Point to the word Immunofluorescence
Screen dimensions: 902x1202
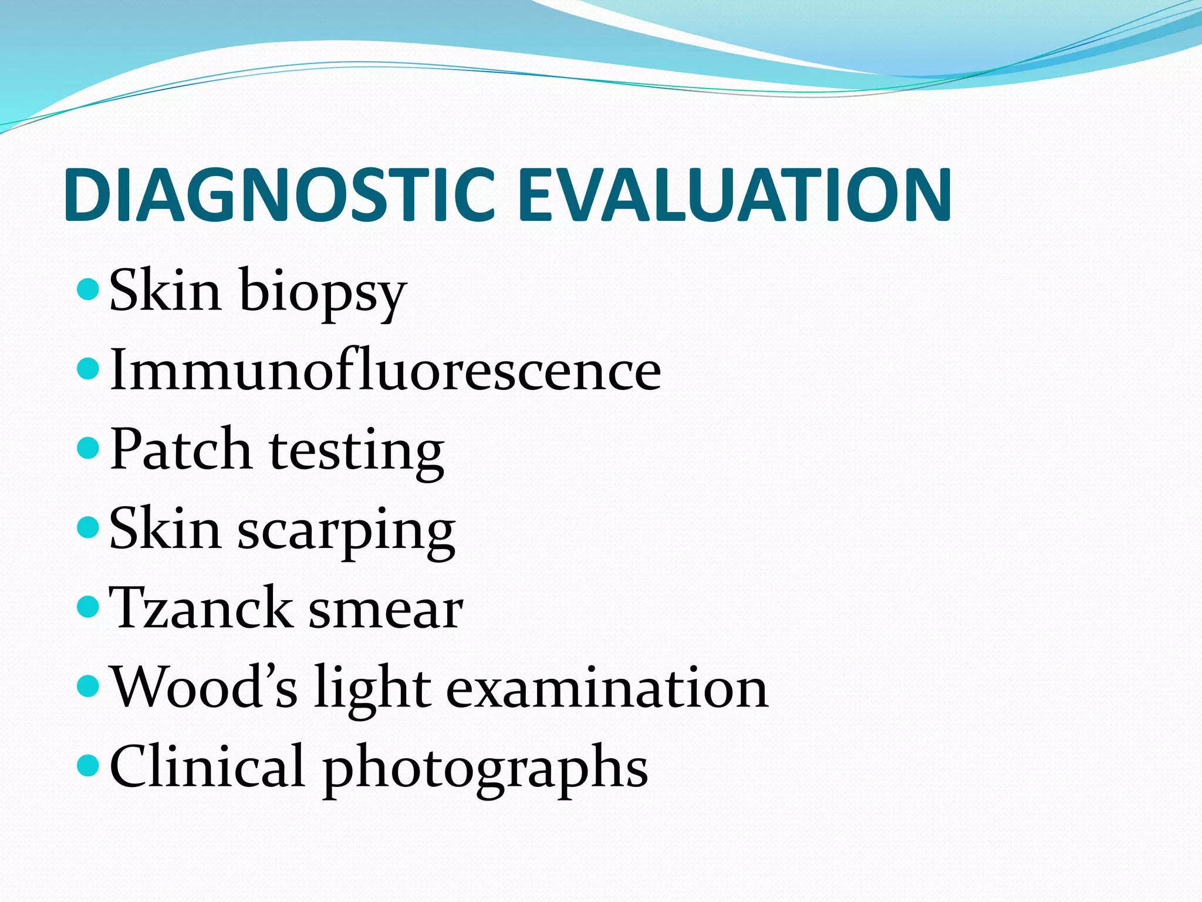(385, 370)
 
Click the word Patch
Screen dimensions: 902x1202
(181, 450)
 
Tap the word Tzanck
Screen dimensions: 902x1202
(200, 608)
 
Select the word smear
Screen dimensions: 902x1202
(386, 611)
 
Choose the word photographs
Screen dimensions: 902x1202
(485, 769)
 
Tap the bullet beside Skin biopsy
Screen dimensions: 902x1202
(89, 289)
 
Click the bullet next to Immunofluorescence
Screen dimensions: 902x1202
(89, 369)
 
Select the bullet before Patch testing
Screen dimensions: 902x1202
(89, 449)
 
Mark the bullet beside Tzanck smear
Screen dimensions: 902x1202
(89, 607)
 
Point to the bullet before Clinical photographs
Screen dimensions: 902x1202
(89, 765)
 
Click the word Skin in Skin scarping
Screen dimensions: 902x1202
(165, 529)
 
